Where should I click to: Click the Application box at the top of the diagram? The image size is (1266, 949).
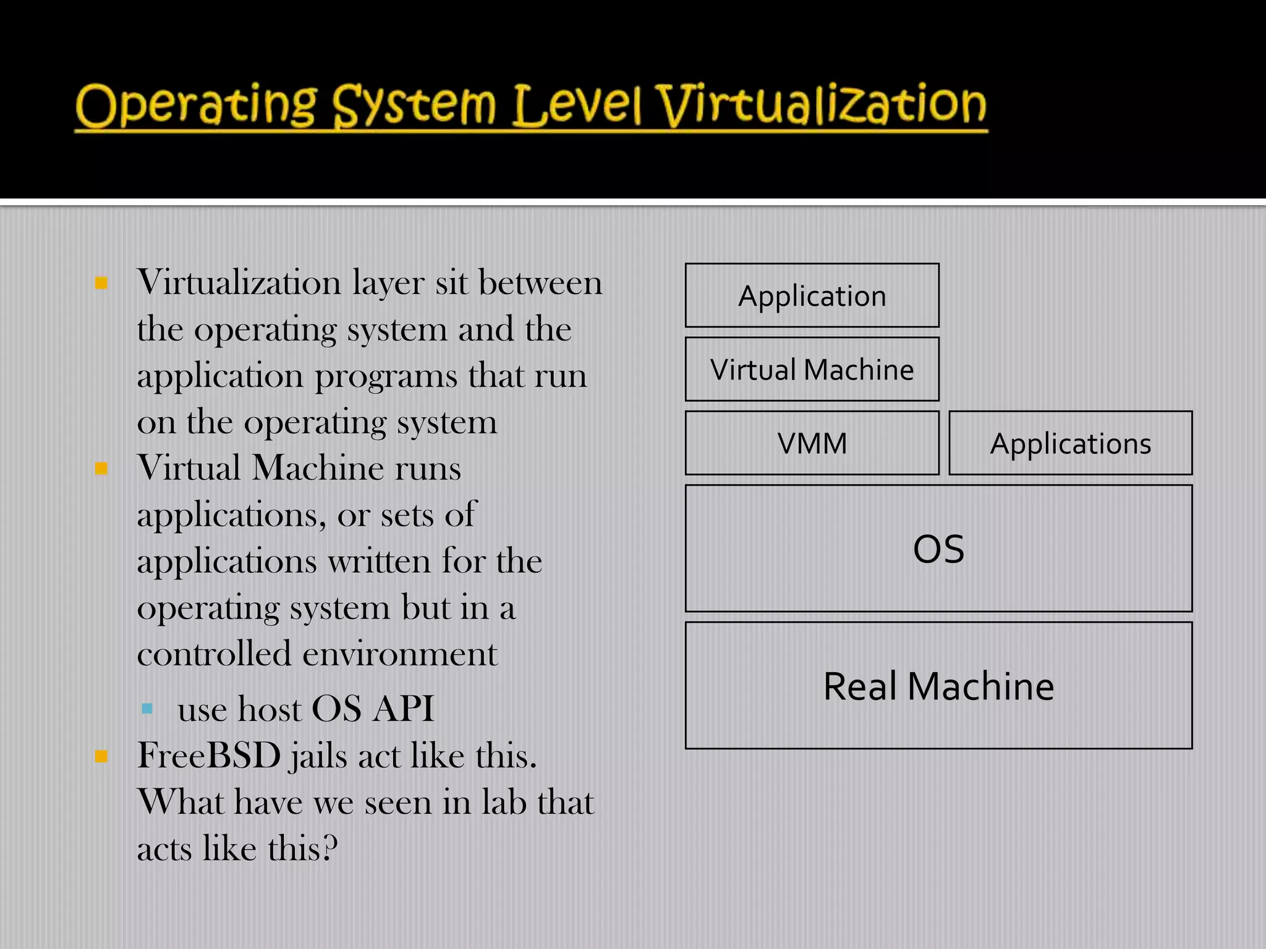click(812, 295)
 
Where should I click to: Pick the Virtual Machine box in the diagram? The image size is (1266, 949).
click(812, 369)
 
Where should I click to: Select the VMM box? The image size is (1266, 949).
click(812, 443)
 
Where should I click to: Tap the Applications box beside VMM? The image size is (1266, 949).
click(1070, 443)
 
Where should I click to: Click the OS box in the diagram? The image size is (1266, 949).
click(938, 549)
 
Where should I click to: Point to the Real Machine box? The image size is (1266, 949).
click(938, 686)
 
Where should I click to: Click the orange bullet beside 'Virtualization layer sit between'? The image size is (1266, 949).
click(101, 284)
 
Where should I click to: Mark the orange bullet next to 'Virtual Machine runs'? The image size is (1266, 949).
click(101, 468)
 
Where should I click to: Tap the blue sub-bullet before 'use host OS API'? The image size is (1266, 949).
click(147, 709)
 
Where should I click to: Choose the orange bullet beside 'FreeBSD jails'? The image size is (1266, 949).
click(101, 756)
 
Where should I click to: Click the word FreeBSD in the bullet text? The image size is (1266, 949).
click(209, 756)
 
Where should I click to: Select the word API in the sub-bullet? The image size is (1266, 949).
click(404, 709)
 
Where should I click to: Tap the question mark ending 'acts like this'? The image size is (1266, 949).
click(331, 848)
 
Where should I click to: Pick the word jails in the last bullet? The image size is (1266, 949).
click(317, 757)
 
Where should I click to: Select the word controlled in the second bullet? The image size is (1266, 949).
click(214, 654)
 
